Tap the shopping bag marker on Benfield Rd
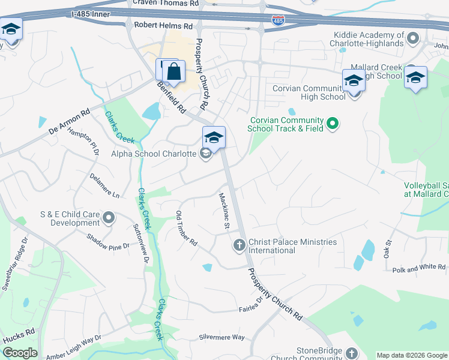coord(173,71)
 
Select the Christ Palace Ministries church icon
coord(239,245)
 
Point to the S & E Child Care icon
coord(109,217)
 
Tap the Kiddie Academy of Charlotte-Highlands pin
coord(412,40)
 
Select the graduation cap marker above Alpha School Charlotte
coord(214,137)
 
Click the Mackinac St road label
coord(224,211)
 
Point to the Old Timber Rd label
coord(186,229)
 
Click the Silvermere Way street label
coord(222,337)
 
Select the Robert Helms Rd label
coord(163,26)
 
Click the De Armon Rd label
coord(69,121)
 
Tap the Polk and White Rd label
coord(419,269)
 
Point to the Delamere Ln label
coord(104,186)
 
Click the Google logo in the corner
coord(20,353)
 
